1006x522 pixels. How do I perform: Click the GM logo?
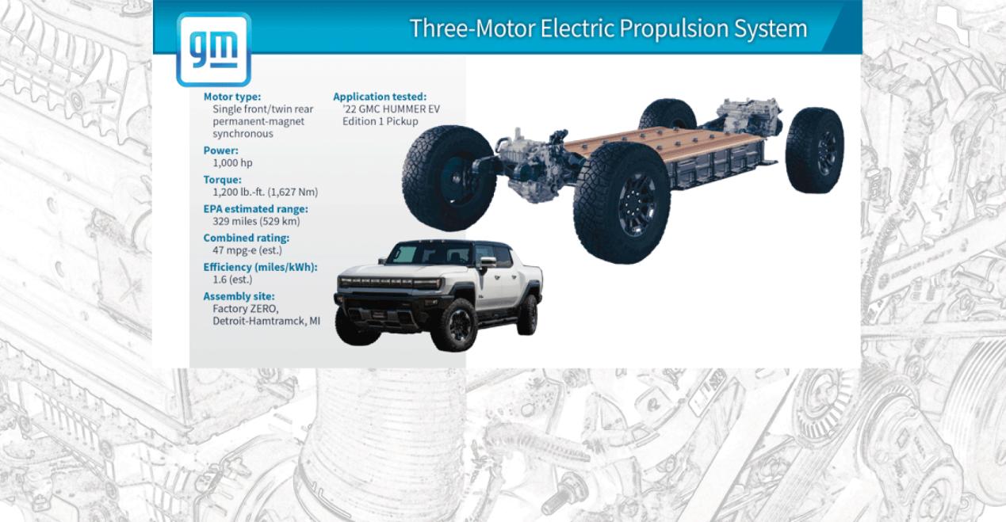pos(214,49)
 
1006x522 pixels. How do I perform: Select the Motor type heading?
pos(231,97)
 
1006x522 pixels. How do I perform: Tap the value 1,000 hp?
pos(232,162)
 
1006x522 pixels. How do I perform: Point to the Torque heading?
pos(222,180)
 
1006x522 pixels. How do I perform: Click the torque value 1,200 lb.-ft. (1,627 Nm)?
pos(265,192)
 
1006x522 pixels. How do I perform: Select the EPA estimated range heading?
pos(255,208)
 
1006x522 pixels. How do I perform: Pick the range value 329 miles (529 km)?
pos(256,221)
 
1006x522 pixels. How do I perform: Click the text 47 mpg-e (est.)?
pos(247,250)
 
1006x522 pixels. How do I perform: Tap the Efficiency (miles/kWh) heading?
pos(260,267)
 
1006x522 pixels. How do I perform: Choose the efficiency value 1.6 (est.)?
pos(232,279)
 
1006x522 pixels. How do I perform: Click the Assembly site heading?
pos(239,296)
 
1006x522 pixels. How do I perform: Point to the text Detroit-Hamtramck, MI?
pos(266,321)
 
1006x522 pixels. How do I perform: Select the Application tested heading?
pos(380,97)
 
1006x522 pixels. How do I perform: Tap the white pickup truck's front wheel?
pos(454,325)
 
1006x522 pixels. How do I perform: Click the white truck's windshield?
pos(403,254)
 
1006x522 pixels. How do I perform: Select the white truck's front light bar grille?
pos(390,283)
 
